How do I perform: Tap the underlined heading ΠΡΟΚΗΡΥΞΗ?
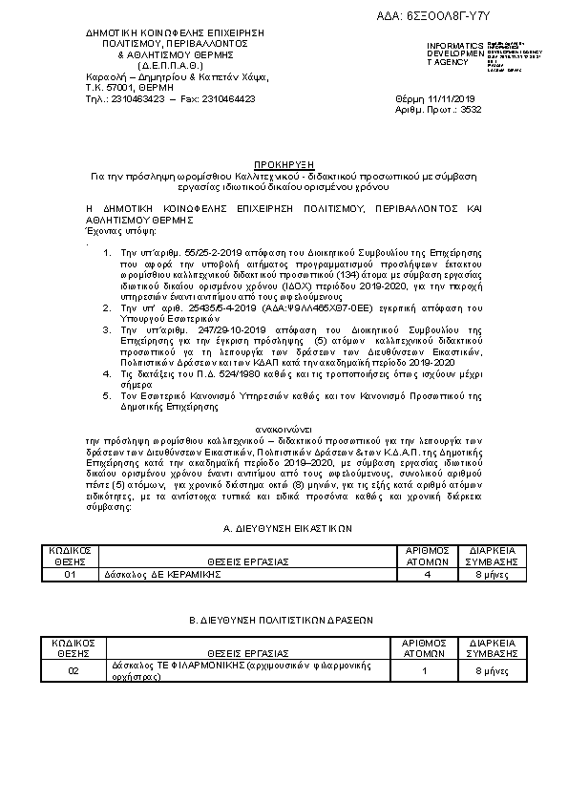284,165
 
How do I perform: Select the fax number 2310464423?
224,98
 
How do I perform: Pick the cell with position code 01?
71,575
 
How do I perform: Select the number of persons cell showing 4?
427,575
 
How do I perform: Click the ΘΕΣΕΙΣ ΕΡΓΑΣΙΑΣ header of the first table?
246,561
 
